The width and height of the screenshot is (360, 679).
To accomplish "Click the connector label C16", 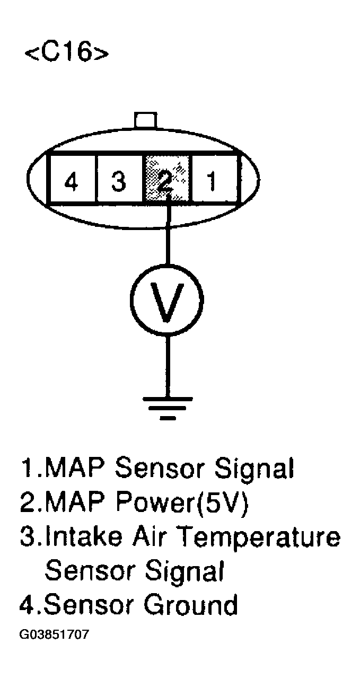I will pyautogui.click(x=67, y=54).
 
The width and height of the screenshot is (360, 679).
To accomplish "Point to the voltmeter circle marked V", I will pyautogui.click(x=168, y=300).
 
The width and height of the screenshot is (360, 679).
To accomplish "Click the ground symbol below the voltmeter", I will pyautogui.click(x=168, y=406).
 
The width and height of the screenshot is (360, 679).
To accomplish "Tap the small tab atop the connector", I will pyautogui.click(x=145, y=119).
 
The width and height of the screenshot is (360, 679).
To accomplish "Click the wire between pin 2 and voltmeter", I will pyautogui.click(x=168, y=233).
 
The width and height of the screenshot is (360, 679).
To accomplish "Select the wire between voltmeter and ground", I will pyautogui.click(x=168, y=366).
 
